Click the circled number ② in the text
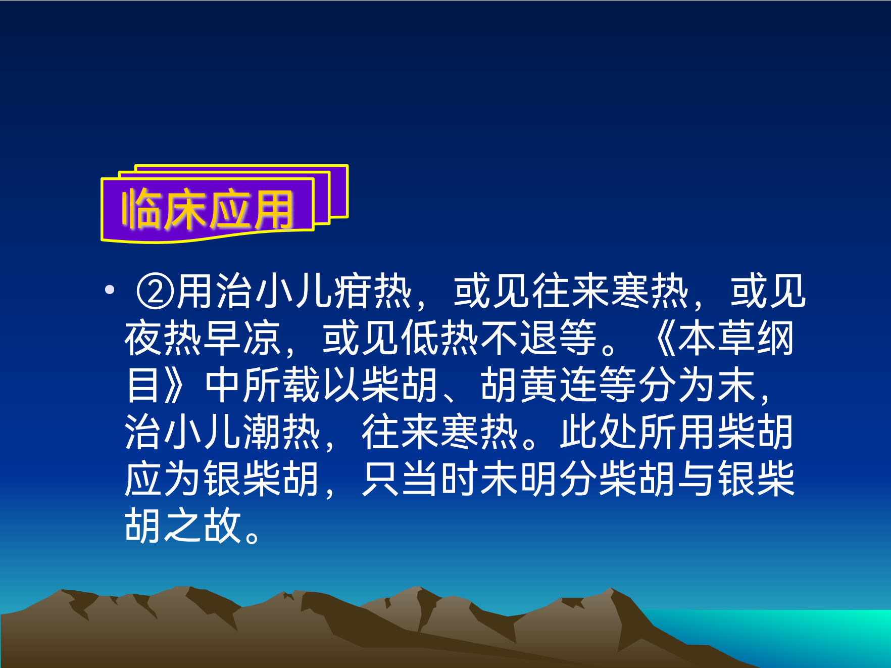156,292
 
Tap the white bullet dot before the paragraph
110,290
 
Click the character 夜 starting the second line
144,338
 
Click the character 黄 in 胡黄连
539,385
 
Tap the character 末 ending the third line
736,385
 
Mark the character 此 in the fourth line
579,432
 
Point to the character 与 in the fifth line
697,479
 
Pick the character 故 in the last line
223,526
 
